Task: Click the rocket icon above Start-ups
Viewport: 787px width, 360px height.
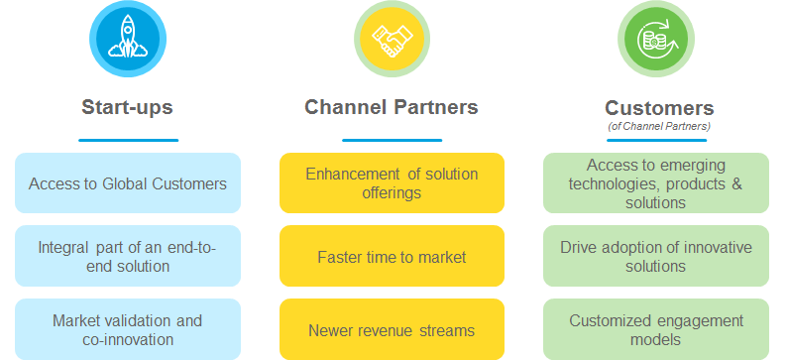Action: (128, 39)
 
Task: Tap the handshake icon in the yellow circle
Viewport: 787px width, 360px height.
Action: (392, 40)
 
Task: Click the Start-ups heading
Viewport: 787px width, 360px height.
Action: (128, 107)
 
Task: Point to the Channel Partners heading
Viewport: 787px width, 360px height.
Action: (392, 107)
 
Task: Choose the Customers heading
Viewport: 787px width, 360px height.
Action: (659, 108)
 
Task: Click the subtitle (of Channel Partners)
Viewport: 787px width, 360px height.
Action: (659, 127)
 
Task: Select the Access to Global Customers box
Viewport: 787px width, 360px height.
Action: (128, 183)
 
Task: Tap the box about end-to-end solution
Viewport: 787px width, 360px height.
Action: (128, 256)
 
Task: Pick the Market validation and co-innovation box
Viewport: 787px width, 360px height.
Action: (128, 329)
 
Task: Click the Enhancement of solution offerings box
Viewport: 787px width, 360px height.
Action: (392, 183)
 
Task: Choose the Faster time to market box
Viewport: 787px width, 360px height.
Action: (392, 256)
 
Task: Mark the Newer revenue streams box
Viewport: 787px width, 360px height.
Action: (392, 329)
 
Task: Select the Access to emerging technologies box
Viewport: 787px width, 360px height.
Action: (656, 183)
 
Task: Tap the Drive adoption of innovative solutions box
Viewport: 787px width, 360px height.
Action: (656, 256)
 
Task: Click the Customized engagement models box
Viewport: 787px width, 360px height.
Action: (656, 329)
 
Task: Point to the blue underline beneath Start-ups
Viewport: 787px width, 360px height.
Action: (129, 140)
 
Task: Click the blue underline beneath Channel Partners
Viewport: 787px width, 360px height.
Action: (392, 140)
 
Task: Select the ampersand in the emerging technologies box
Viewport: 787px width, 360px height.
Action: (736, 183)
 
